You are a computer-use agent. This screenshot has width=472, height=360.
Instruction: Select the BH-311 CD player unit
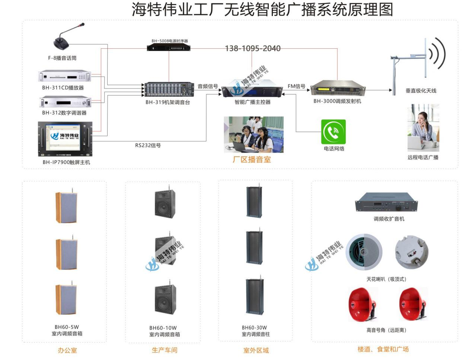pyautogui.click(x=65, y=77)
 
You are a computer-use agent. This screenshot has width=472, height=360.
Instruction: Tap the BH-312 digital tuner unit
pyautogui.click(x=66, y=102)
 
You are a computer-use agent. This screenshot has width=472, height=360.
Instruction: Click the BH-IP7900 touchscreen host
pyautogui.click(x=65, y=139)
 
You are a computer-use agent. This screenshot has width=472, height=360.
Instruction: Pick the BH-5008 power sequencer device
pyautogui.click(x=169, y=48)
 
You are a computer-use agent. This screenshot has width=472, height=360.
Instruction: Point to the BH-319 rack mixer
pyautogui.click(x=169, y=90)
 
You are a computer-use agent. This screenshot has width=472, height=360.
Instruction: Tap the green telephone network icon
pyautogui.click(x=334, y=132)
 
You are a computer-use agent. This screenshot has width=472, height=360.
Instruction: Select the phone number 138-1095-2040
pyautogui.click(x=252, y=48)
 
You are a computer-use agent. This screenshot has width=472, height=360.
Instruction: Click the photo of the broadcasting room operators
pyautogui.click(x=253, y=134)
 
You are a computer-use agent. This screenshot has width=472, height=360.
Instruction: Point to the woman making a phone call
pyautogui.click(x=423, y=127)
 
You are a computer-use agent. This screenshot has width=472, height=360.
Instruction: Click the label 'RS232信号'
pyautogui.click(x=148, y=145)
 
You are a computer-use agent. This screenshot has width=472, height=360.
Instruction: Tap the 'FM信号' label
pyautogui.click(x=296, y=86)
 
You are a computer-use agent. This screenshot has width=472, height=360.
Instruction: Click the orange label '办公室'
pyautogui.click(x=67, y=350)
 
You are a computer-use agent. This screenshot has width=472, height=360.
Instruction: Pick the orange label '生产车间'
pyautogui.click(x=165, y=350)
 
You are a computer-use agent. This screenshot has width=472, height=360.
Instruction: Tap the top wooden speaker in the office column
pyautogui.click(x=67, y=207)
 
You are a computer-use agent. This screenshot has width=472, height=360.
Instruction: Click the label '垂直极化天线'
pyautogui.click(x=421, y=91)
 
